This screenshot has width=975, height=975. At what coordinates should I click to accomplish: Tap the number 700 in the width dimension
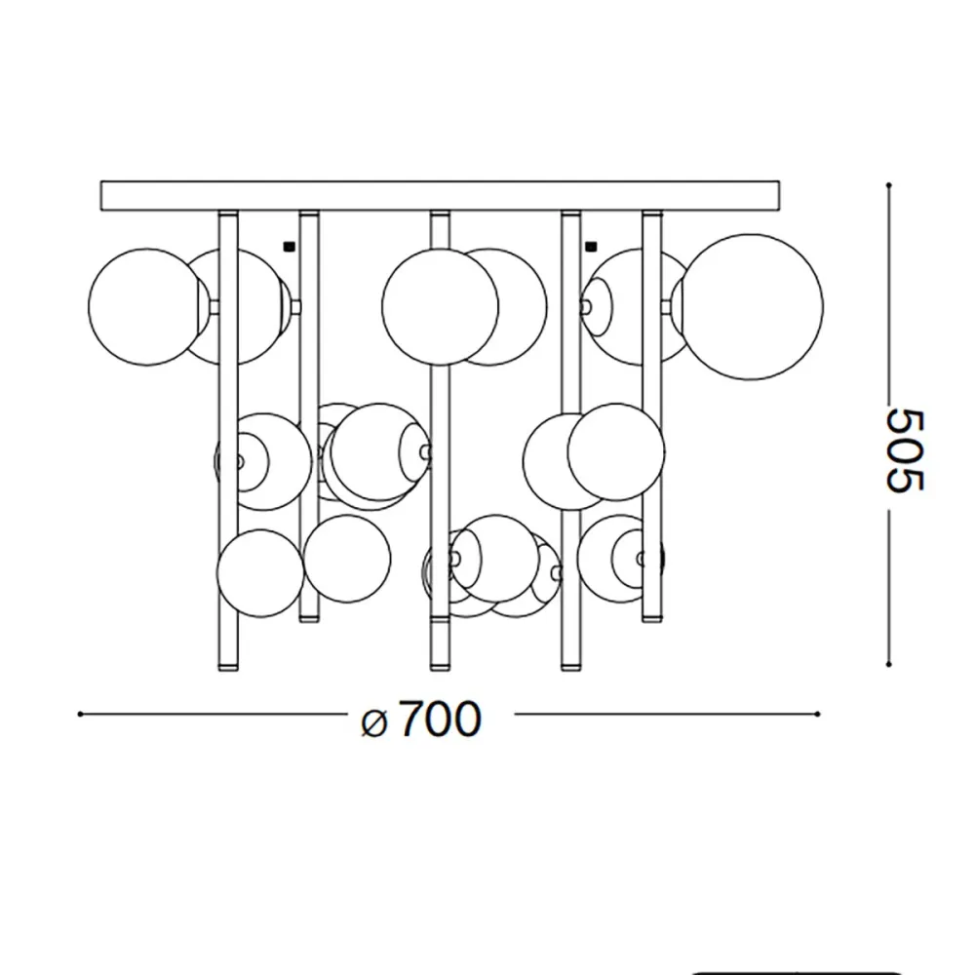(439, 720)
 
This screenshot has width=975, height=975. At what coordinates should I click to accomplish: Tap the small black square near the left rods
(288, 246)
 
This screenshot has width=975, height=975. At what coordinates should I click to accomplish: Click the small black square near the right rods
(591, 246)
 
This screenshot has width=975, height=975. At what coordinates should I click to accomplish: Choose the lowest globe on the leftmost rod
(260, 572)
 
